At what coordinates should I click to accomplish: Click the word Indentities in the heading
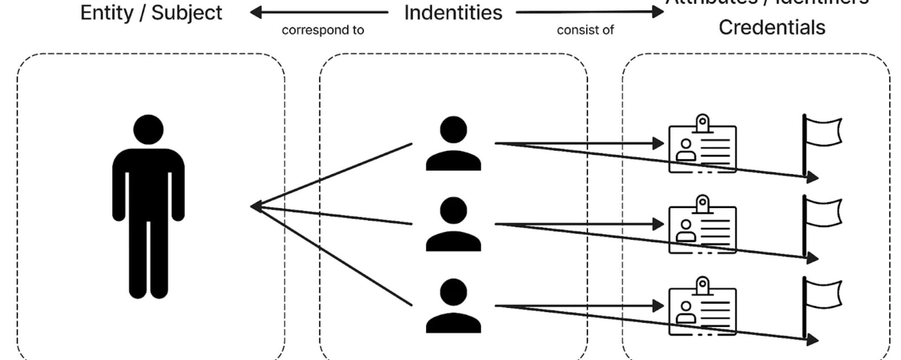(453, 13)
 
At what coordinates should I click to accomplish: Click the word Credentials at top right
(772, 28)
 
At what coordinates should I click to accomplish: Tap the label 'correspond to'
(323, 30)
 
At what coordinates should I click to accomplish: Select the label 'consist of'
(585, 30)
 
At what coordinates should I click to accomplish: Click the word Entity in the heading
(107, 13)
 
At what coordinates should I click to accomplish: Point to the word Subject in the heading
(187, 13)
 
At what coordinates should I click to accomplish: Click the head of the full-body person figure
(148, 130)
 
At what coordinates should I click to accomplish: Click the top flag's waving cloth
(824, 132)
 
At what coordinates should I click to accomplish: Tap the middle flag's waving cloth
(824, 213)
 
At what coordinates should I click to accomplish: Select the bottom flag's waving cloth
(824, 294)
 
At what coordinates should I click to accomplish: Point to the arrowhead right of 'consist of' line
(658, 12)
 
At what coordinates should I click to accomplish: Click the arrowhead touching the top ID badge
(658, 144)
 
